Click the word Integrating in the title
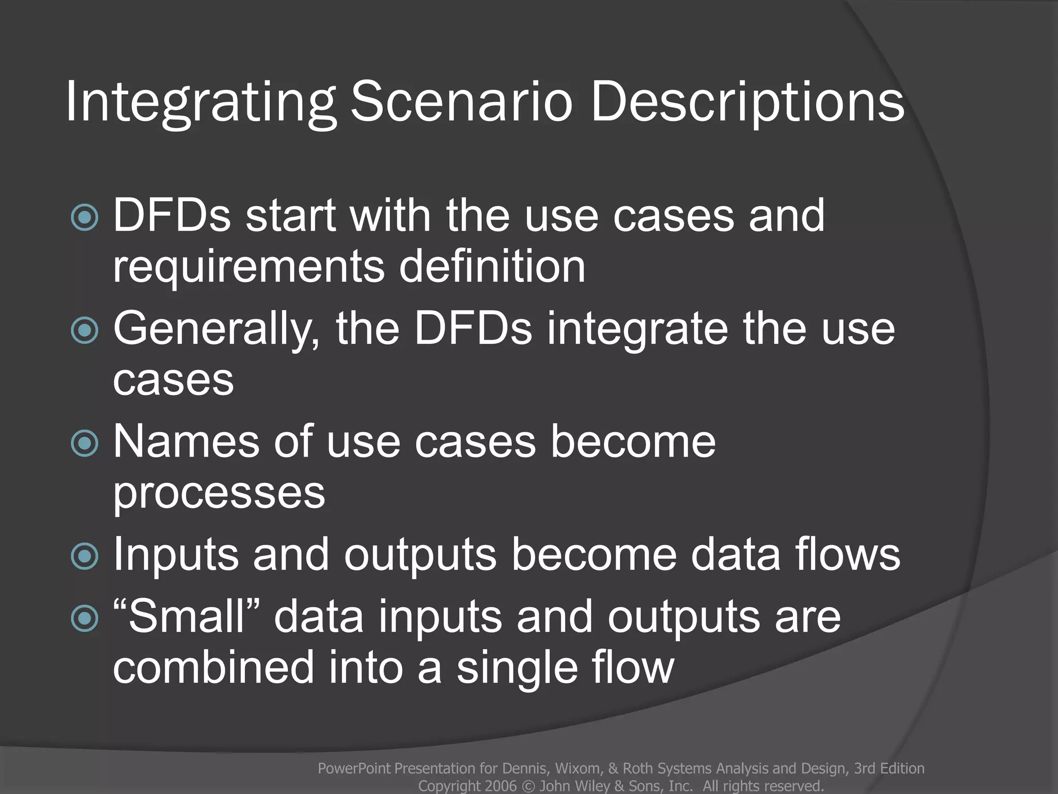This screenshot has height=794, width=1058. coord(200,102)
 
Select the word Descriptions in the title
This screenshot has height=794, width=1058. coord(747,102)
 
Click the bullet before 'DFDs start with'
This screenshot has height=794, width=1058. coord(85,217)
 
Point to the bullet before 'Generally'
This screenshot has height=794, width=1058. coord(85,330)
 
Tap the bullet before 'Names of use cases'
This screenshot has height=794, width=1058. coord(85,443)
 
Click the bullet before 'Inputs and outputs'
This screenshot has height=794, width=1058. coord(85,556)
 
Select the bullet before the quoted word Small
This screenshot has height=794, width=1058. coord(85,618)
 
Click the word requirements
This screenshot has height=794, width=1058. coord(248,268)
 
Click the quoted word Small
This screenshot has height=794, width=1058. coord(186,616)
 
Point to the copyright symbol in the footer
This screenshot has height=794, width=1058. coord(528,786)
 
